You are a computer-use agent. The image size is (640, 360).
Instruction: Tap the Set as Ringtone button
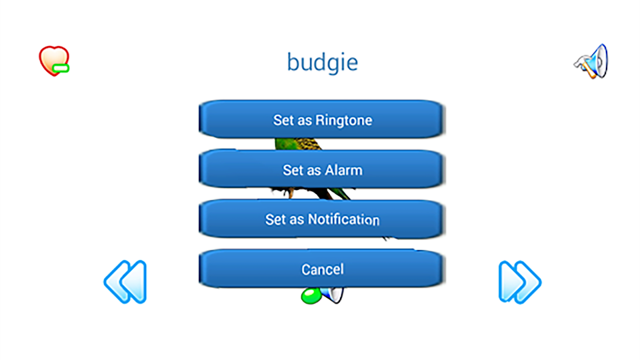[x=322, y=119]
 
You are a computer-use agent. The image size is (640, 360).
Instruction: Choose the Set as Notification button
[x=322, y=219]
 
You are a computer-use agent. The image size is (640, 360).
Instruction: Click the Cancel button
[x=322, y=269]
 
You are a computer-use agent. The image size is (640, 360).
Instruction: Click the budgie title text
[x=322, y=63]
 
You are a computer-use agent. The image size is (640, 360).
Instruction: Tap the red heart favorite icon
[x=54, y=60]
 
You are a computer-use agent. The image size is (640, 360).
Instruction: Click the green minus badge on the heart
[x=61, y=68]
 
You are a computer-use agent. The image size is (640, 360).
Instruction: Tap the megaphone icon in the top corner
[x=591, y=61]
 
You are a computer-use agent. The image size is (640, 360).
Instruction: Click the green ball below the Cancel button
[x=311, y=296]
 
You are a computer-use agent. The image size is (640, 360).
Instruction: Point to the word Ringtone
[x=344, y=120]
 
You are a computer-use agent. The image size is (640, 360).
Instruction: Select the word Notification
[x=344, y=219]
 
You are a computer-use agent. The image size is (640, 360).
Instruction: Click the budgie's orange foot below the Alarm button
[x=290, y=192]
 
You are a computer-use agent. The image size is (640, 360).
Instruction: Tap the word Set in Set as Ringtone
[x=283, y=120]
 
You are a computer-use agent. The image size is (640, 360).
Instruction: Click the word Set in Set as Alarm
[x=293, y=170]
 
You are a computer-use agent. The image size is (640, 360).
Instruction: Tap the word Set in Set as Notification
[x=276, y=219]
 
